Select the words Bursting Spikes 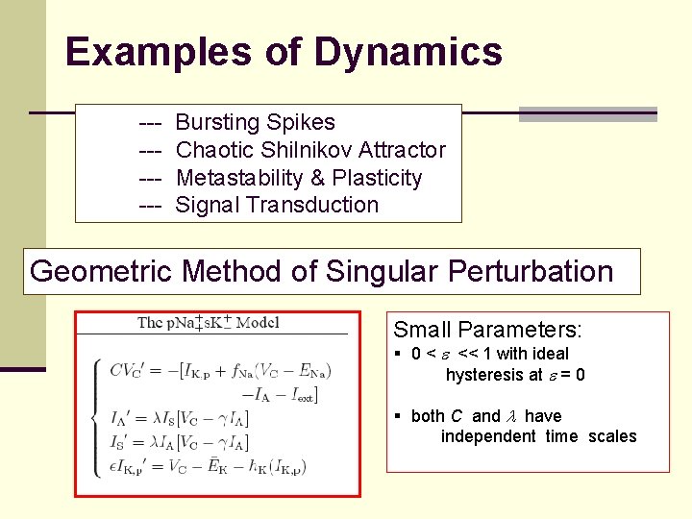[x=255, y=122]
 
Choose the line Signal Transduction [x=277, y=205]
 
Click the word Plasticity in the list [x=377, y=178]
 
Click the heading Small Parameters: [x=487, y=330]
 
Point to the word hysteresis [x=484, y=375]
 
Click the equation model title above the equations [x=208, y=322]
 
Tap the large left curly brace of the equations [x=94, y=415]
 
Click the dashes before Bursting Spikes [x=149, y=122]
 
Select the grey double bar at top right [x=587, y=114]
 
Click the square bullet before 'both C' [x=399, y=416]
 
